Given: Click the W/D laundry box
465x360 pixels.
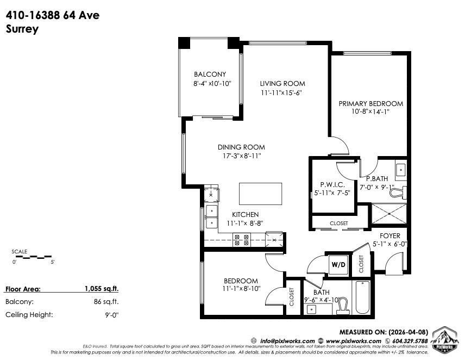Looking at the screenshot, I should (338, 264).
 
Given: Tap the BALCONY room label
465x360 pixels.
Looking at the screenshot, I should (210, 75).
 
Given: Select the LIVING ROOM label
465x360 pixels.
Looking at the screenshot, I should (282, 84).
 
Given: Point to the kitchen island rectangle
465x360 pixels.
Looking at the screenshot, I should (261, 194).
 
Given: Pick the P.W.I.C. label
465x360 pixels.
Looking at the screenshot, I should (330, 184).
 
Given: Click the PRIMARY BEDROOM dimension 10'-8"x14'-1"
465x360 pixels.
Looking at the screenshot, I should (370, 111).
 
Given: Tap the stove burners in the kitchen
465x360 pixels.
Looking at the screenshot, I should (242, 240).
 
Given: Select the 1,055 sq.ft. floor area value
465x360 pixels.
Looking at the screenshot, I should (101, 289).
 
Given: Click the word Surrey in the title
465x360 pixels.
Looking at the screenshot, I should (22, 29).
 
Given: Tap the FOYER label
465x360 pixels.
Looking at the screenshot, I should (389, 236).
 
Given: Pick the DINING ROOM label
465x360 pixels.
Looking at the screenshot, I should (241, 147).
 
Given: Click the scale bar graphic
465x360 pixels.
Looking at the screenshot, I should (33, 256).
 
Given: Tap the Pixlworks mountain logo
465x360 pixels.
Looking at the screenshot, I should (444, 338).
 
